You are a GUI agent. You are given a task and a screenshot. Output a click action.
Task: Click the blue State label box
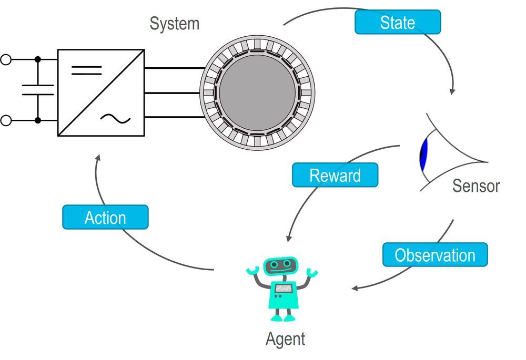[397, 22]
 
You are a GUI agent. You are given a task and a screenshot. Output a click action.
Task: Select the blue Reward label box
[335, 175]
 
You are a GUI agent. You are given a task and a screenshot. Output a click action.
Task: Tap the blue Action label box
[105, 217]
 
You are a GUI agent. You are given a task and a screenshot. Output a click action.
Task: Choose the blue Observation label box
[434, 255]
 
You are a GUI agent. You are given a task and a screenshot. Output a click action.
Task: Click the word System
[175, 24]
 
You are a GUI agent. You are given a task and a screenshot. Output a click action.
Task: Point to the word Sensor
[476, 186]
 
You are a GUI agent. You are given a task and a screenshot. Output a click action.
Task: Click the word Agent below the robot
[285, 339]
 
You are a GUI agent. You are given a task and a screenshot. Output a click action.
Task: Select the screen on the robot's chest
[284, 288]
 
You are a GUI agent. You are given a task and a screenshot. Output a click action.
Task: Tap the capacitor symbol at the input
[37, 90]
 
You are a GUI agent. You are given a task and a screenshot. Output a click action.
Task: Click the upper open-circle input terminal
[6, 59]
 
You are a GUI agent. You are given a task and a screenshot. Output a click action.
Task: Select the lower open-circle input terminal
[6, 121]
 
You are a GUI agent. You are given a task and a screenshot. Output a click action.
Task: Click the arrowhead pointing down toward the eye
[451, 91]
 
